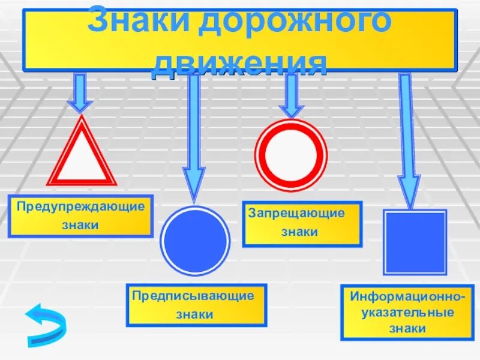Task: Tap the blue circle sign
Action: (195, 241)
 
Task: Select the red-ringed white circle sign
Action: (291, 155)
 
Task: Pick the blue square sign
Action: (415, 242)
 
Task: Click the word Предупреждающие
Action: (80, 206)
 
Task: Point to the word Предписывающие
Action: (193, 295)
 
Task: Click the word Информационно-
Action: (409, 297)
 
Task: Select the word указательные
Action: (407, 313)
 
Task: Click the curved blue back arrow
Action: (46, 324)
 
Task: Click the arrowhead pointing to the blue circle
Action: (194, 184)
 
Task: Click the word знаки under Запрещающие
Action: (299, 232)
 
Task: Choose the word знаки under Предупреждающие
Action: (80, 226)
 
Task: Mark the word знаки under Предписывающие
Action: (194, 314)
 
